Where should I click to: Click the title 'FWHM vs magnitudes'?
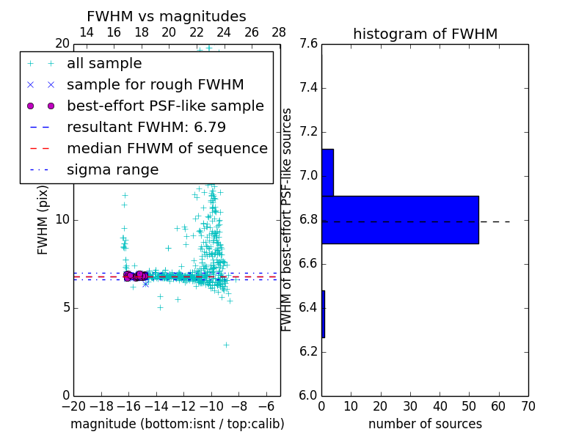pyautogui.click(x=167, y=16)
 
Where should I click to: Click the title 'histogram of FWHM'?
pyautogui.click(x=425, y=34)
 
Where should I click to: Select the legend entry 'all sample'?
pyautogui.click(x=104, y=64)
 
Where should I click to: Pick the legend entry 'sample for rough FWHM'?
pyautogui.click(x=156, y=85)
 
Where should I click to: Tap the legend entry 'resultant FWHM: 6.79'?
pyautogui.click(x=146, y=127)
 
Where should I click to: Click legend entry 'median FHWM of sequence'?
pyautogui.click(x=167, y=148)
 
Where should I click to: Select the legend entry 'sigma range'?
pyautogui.click(x=112, y=169)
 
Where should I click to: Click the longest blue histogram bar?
pyautogui.click(x=400, y=219)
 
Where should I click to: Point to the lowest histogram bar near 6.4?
pyautogui.click(x=323, y=314)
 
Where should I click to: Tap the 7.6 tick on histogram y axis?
pyautogui.click(x=309, y=44)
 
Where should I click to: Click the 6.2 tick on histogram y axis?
pyautogui.click(x=309, y=351)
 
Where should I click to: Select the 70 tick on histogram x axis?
pyautogui.click(x=528, y=406)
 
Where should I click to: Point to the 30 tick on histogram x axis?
pyautogui.click(x=410, y=406)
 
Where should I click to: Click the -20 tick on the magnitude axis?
pyautogui.click(x=73, y=406)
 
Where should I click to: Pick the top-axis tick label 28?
pyautogui.click(x=279, y=32)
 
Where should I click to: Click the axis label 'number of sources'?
pyautogui.click(x=425, y=424)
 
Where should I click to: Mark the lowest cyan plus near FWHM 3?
pyautogui.click(x=226, y=345)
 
